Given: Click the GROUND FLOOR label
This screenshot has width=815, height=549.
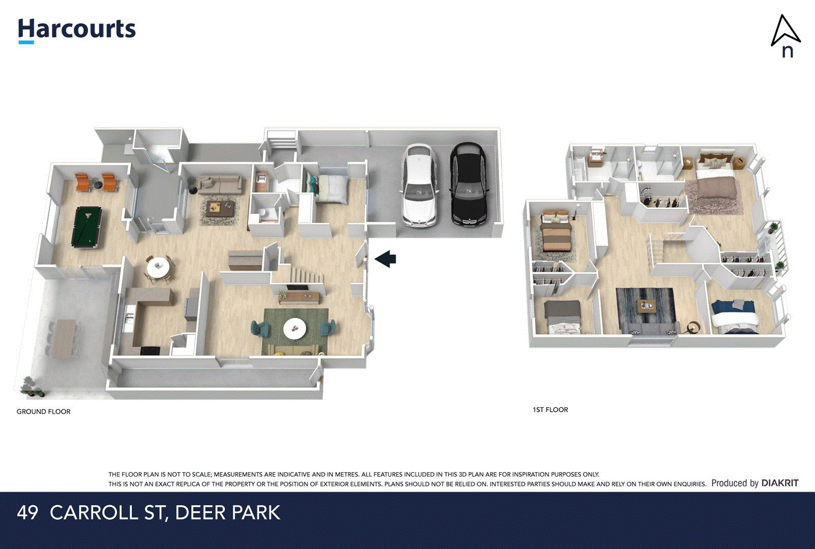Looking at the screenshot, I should [x=44, y=412].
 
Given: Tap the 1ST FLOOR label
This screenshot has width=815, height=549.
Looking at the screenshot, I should [x=550, y=410].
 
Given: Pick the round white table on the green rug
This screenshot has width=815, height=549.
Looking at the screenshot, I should [x=294, y=328].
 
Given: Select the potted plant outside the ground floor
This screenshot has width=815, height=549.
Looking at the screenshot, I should [x=32, y=387].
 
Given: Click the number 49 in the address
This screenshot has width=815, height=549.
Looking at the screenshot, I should [x=27, y=512].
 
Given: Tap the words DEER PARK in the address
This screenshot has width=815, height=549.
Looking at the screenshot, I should [x=227, y=512].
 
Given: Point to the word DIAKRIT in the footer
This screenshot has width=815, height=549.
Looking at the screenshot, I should [x=780, y=483].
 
